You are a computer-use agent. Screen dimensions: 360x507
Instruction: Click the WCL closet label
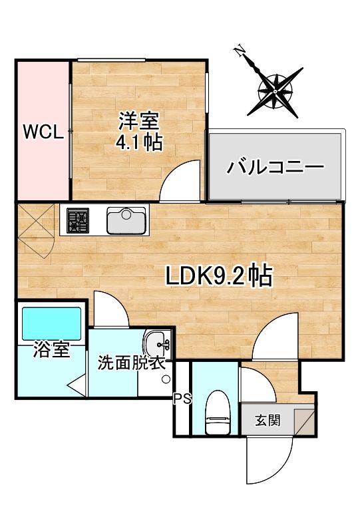click(x=43, y=132)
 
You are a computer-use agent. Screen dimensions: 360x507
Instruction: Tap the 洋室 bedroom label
click(x=139, y=120)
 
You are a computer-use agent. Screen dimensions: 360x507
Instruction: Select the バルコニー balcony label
click(x=275, y=167)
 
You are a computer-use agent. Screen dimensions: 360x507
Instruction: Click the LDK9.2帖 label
click(x=219, y=275)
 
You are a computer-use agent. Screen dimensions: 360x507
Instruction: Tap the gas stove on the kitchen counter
click(x=78, y=220)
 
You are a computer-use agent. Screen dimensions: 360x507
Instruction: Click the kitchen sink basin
click(x=126, y=220)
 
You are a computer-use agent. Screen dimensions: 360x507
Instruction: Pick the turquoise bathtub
click(x=51, y=323)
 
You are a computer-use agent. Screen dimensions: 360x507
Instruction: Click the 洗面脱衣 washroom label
click(x=132, y=364)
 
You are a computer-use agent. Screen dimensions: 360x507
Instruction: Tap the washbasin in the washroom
click(x=158, y=345)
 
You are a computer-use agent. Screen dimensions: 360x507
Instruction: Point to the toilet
click(x=218, y=412)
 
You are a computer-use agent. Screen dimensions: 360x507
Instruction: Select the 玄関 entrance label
click(x=268, y=421)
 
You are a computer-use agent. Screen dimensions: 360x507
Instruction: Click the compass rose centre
click(x=275, y=92)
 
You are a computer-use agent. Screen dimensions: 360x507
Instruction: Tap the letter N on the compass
click(x=239, y=51)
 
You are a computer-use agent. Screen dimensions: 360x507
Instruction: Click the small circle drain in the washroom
click(x=166, y=379)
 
